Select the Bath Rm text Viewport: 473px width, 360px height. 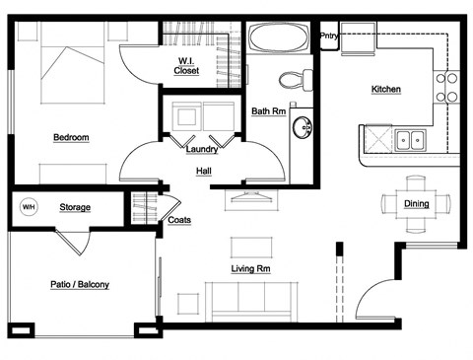(x=267, y=111)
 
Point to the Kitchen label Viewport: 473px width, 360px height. (x=385, y=90)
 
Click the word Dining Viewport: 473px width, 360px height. (x=416, y=204)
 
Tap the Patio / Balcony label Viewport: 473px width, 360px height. (x=80, y=285)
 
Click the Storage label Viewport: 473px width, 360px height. (x=75, y=207)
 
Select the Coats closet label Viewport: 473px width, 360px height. (x=179, y=220)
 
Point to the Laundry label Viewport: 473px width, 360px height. (x=201, y=150)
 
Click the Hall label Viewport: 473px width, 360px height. (x=203, y=171)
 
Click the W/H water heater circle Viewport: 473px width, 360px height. (x=29, y=207)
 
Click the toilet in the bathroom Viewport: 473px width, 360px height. (x=293, y=78)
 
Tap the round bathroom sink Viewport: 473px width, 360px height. (x=303, y=126)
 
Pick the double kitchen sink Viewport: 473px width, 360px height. (x=410, y=140)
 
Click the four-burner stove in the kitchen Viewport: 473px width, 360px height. (x=447, y=87)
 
